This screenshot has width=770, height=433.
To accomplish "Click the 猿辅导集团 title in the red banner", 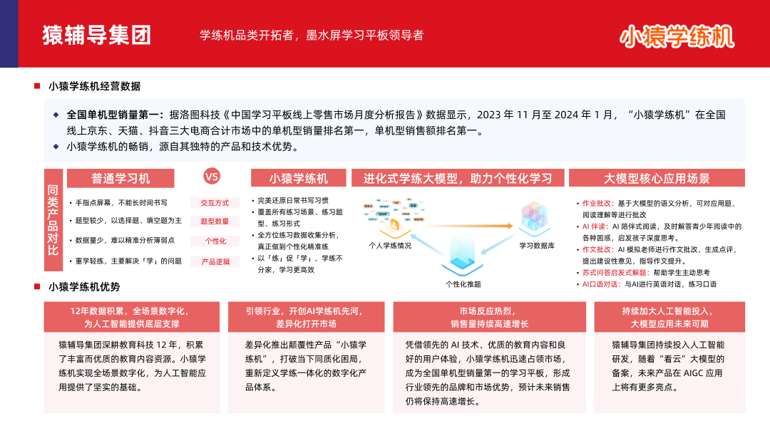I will tap(96, 34).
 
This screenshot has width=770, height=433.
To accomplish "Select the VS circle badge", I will tap(212, 177).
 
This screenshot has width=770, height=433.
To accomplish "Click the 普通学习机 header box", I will tap(120, 178).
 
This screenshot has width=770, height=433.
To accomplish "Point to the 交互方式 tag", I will tap(215, 203).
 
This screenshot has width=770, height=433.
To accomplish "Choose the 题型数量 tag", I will tap(215, 222).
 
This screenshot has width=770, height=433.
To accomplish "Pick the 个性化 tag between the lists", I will tap(215, 241).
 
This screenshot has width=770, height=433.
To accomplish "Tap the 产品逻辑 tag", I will tap(215, 261).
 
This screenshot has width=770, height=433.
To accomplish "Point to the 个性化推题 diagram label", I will tap(463, 284).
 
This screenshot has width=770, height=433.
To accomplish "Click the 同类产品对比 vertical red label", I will tap(53, 220).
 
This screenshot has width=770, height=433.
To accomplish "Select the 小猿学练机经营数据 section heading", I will tap(94, 86).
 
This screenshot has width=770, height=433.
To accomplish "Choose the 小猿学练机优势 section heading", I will tap(84, 287).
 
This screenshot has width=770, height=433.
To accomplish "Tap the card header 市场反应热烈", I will tap(489, 311).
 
